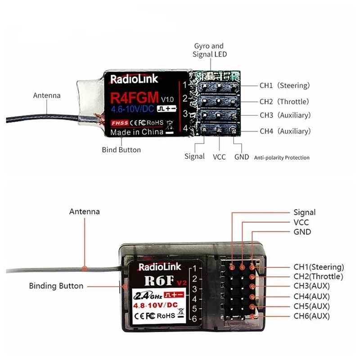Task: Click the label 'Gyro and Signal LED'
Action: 208,50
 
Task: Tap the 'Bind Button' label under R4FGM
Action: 121,149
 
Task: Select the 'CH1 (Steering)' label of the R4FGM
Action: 284,85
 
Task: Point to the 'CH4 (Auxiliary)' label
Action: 285,131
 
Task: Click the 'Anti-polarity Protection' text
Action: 282,158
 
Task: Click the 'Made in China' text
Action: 137,132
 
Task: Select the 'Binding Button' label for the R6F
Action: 56,286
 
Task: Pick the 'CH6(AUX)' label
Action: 311,316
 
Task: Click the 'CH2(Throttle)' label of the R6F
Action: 318,276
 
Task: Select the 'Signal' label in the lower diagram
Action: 305,212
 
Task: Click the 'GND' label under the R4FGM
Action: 242,157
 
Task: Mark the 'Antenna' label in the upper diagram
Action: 47,95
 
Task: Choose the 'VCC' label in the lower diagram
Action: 301,222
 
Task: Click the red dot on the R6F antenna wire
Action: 85,269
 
